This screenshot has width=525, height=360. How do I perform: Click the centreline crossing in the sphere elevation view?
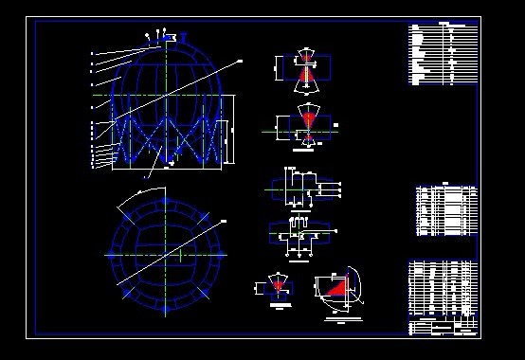coord(168,96)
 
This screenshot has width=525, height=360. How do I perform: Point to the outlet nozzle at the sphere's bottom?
coord(168,163)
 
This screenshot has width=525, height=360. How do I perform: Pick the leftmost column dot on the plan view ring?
coord(111,255)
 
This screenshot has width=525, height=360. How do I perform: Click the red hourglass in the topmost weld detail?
coord(306,70)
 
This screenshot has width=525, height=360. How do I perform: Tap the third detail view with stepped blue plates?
coord(301,184)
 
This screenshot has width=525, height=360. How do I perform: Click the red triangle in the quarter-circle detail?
coord(337,288)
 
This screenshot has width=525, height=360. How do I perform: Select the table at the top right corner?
coord(442,53)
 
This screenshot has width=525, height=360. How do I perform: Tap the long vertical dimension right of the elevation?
coord(237,133)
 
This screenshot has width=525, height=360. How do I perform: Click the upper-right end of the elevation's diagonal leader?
coord(241,61)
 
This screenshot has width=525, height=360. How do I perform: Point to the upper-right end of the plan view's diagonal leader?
coord(225,220)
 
